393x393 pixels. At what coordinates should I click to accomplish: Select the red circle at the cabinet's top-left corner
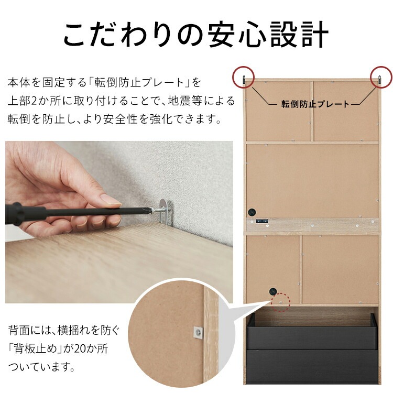tap(244, 77)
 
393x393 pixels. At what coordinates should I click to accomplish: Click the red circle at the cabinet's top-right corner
tap(381, 77)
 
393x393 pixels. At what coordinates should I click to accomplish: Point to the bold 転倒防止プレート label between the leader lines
tap(315, 104)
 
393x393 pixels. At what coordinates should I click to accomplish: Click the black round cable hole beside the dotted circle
tap(272, 292)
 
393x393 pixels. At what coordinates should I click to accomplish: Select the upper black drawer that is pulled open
tap(312, 332)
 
